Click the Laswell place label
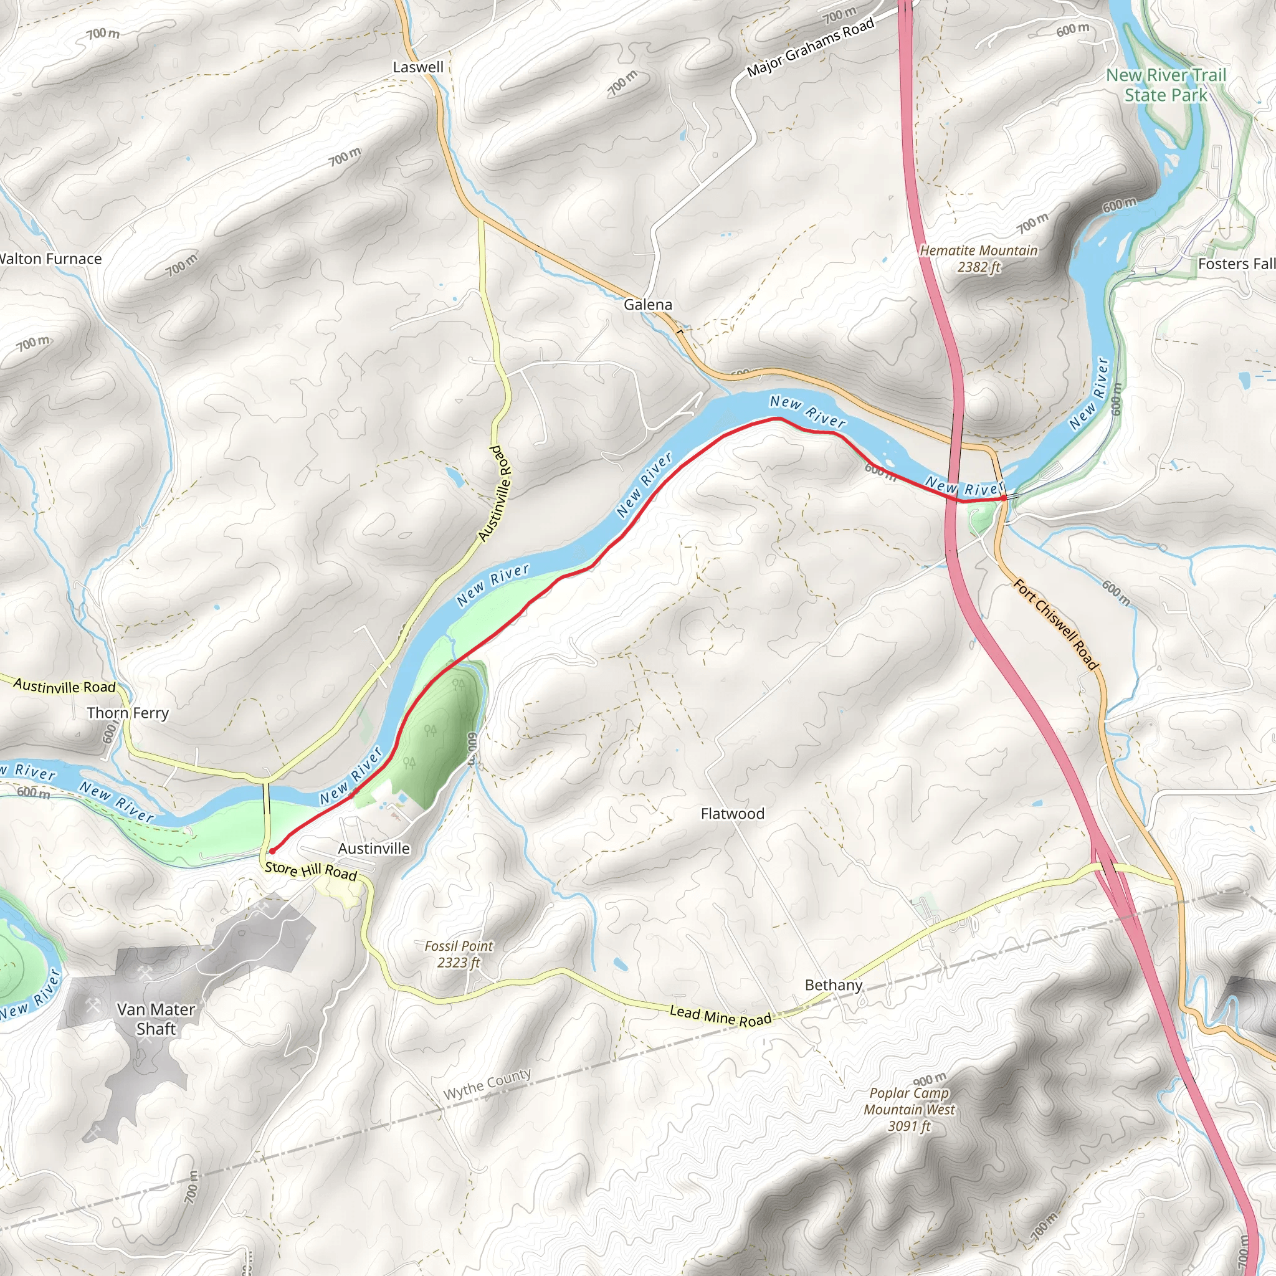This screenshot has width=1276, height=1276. (x=418, y=67)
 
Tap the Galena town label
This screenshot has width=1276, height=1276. (x=648, y=305)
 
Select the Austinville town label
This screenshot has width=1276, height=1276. (x=374, y=849)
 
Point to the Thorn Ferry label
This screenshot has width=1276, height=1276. (x=128, y=713)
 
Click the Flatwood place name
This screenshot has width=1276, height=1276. (x=733, y=814)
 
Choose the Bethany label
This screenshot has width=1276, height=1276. (x=834, y=986)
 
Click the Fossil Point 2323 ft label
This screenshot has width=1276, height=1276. (x=459, y=955)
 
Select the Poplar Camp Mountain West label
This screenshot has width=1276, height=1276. (x=909, y=1110)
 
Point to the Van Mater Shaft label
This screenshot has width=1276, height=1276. (x=156, y=1019)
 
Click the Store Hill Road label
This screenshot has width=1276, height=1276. (x=311, y=872)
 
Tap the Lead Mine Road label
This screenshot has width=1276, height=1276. (x=720, y=1016)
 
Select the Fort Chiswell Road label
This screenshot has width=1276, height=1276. (x=1055, y=625)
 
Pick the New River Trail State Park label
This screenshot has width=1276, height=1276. (x=1166, y=85)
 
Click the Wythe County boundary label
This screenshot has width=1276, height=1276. (x=487, y=1085)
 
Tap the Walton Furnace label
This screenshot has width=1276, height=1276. (x=50, y=260)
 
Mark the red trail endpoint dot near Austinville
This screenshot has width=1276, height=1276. (x=272, y=851)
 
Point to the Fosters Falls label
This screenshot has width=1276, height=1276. (x=1236, y=264)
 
